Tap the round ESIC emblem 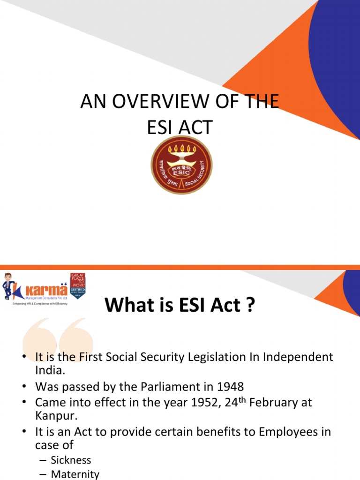pos(181,165)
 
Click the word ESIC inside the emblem pos(181,172)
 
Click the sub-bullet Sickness pos(71,460)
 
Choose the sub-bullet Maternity pos(75,474)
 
